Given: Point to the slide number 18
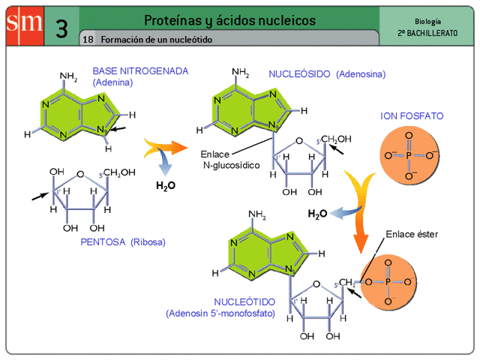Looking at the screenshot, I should click(88, 39).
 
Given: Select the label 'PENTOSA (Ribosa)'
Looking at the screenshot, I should click(122, 242).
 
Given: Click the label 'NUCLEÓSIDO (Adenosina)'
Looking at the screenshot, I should click(327, 74).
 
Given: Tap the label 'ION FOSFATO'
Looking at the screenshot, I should click(412, 117).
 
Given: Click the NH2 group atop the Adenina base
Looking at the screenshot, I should click(68, 76).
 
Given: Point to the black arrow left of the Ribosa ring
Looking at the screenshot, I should click(39, 196).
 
